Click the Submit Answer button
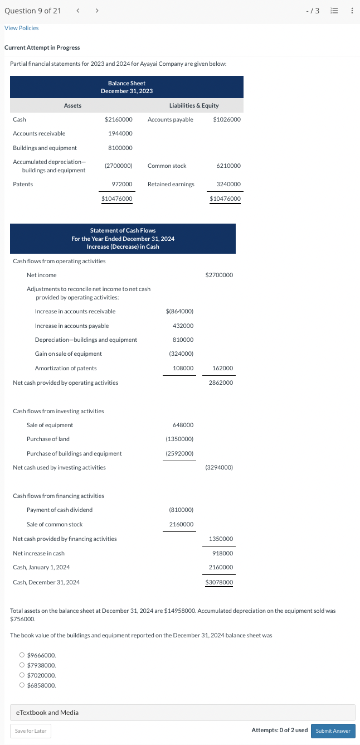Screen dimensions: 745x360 [x=333, y=731]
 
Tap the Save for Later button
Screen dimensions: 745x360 [x=31, y=731]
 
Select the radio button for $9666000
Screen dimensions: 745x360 [x=22, y=655]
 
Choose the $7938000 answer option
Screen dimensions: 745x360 [x=22, y=665]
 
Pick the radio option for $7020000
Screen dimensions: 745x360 [x=22, y=675]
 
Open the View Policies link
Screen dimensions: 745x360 [x=22, y=28]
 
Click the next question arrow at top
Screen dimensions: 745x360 [x=96, y=11]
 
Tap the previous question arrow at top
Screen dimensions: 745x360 [x=78, y=11]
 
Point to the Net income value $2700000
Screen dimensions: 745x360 [x=219, y=275]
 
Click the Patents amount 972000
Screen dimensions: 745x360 [x=122, y=184]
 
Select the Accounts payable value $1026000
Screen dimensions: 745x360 [x=227, y=119]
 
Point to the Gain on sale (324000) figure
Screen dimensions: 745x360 [x=181, y=354]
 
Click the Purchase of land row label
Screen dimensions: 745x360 [x=48, y=439]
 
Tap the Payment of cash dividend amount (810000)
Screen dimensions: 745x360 [x=181, y=510]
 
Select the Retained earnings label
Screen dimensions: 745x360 [x=171, y=184]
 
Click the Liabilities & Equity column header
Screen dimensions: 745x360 [x=194, y=105]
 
